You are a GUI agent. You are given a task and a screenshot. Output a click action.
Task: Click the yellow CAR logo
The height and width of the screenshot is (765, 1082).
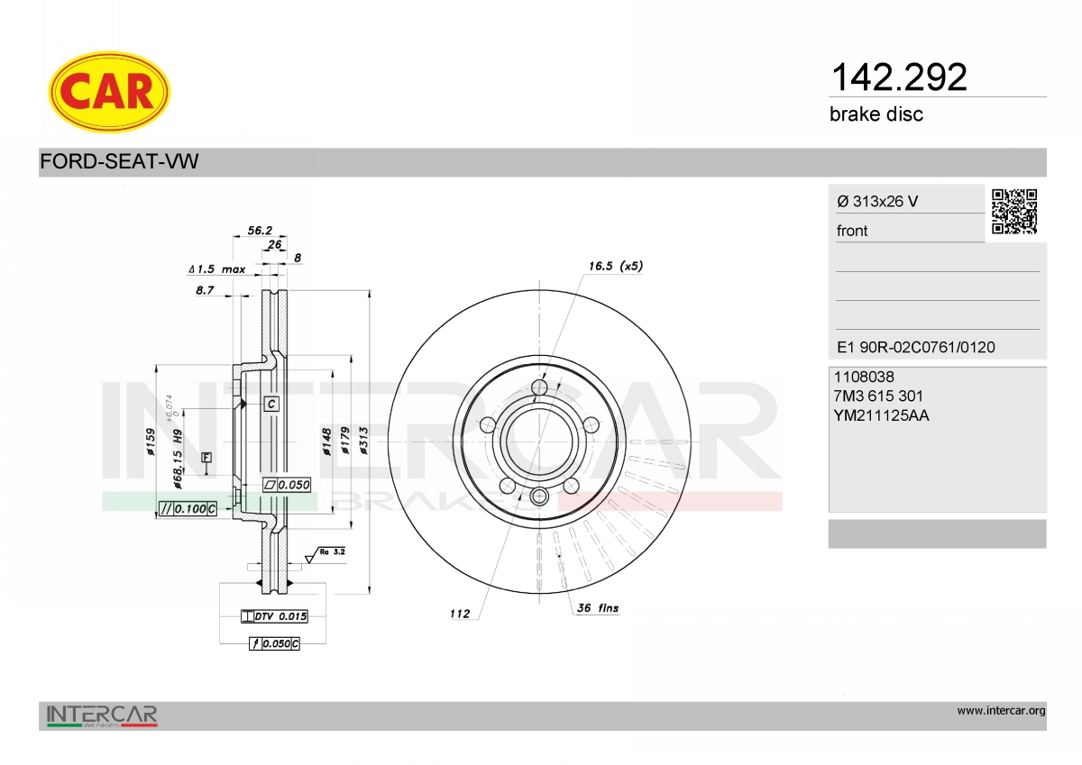coord(109,92)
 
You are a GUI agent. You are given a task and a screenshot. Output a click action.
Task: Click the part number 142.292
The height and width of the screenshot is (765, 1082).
coord(899,77)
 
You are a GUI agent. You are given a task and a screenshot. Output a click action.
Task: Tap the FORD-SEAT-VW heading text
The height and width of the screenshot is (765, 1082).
coord(119,161)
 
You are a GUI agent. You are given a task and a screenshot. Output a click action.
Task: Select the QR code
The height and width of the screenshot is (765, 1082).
coord(1014,212)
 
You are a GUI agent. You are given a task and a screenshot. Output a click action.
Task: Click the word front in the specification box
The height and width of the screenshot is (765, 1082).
coord(852,231)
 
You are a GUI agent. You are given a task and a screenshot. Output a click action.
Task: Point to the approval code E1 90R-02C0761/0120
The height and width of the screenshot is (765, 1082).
coord(916,347)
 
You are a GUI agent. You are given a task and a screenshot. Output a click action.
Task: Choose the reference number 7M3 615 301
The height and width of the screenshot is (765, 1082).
coord(878,396)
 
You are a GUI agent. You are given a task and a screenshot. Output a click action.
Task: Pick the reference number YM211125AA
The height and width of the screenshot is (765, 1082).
coord(881,415)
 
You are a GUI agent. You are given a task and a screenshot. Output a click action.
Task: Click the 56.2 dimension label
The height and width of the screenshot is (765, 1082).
coord(260,231)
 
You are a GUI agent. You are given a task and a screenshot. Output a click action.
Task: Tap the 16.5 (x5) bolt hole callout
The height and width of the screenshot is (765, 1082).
coord(615,266)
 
